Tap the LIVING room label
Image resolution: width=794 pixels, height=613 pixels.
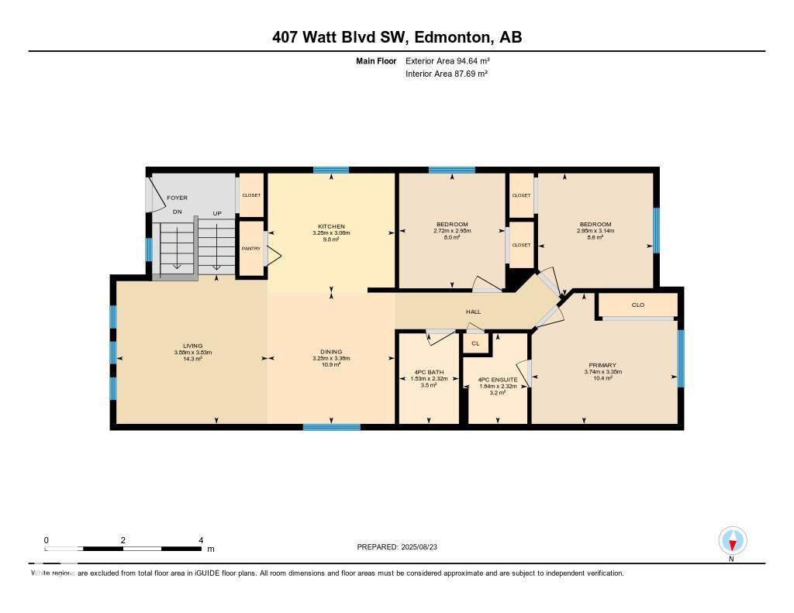click(x=192, y=346)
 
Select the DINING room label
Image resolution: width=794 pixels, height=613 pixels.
click(x=331, y=351)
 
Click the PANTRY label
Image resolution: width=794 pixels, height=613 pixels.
click(x=250, y=249)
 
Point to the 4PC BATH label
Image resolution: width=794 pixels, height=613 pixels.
click(x=427, y=372)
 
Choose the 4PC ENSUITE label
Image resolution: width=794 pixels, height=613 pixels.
click(x=497, y=380)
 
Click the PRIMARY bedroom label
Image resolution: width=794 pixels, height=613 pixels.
click(x=602, y=365)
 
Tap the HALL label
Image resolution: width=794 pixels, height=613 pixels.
click(x=473, y=312)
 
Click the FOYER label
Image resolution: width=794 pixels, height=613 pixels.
click(x=177, y=198)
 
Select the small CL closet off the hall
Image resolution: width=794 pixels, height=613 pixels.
click(x=475, y=343)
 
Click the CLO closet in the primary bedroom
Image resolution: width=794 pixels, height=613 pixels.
click(x=638, y=305)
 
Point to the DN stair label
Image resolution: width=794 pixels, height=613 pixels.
click(x=177, y=212)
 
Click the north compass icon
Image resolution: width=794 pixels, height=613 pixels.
click(x=732, y=540)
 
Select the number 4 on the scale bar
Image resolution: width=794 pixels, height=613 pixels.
click(x=201, y=540)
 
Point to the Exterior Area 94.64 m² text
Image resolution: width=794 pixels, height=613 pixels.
click(x=447, y=60)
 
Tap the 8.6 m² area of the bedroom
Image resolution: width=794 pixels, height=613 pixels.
click(x=595, y=237)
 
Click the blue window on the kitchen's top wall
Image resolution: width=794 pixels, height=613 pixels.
click(x=331, y=170)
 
